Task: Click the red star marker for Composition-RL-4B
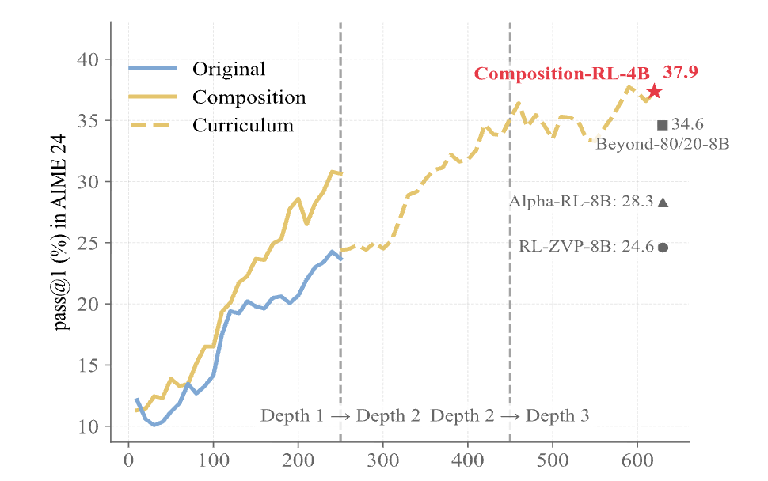[654, 92]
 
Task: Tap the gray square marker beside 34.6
[663, 125]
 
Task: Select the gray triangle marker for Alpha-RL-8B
[663, 202]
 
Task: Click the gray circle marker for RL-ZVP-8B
[663, 247]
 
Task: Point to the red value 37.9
[680, 72]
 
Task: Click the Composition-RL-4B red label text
[562, 74]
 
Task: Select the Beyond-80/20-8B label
[662, 144]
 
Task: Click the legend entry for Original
[229, 69]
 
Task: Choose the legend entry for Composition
[249, 97]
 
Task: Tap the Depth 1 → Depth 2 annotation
[340, 416]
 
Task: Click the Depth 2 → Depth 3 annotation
[510, 416]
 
